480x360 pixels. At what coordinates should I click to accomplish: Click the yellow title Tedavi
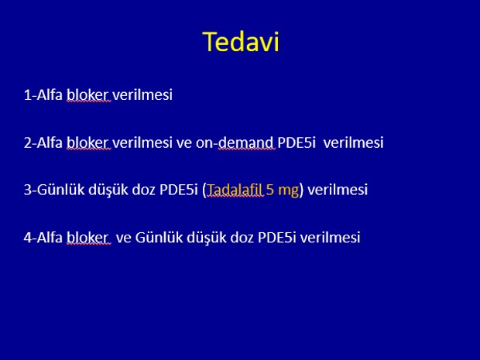[241, 42]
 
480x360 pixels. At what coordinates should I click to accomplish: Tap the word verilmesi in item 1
[142, 94]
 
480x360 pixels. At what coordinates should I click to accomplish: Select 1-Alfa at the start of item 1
[43, 94]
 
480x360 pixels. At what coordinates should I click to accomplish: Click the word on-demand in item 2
[235, 142]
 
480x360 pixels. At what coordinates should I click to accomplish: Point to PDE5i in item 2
[297, 142]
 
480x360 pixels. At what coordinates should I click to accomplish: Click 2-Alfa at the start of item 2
[43, 142]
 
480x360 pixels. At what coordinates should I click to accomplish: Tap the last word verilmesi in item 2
[353, 142]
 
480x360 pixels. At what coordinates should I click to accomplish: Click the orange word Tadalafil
[235, 190]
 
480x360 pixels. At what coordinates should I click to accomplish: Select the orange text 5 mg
[283, 190]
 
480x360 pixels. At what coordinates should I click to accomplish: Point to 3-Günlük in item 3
[54, 190]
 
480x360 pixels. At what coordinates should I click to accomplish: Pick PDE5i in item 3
[179, 190]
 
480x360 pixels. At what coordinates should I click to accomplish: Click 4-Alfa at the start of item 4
[43, 237]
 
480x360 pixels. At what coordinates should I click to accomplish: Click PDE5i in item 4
[276, 237]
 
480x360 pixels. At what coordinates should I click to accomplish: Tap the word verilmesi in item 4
[330, 237]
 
